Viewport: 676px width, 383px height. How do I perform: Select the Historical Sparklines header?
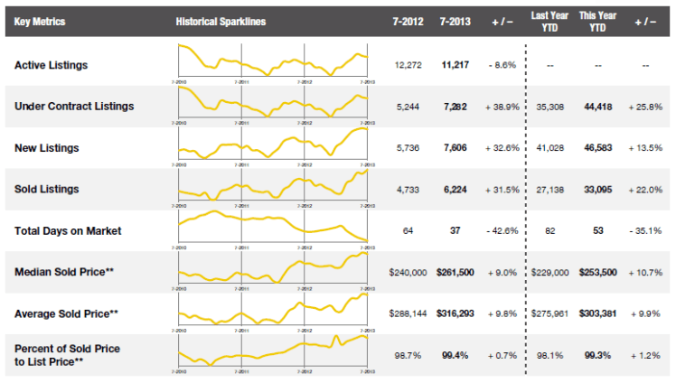coord(221,21)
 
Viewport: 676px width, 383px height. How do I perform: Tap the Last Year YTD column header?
coord(549,21)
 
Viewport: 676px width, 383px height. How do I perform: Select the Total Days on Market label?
coord(68,230)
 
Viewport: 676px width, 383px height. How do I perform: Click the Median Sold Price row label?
coord(63,272)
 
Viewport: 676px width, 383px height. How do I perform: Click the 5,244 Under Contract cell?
coord(408,107)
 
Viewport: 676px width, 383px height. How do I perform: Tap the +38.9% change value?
coord(502,107)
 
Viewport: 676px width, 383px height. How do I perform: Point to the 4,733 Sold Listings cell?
coord(408,190)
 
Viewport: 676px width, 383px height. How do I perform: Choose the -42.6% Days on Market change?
coord(502,231)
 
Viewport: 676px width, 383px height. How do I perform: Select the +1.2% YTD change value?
coord(647,355)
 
